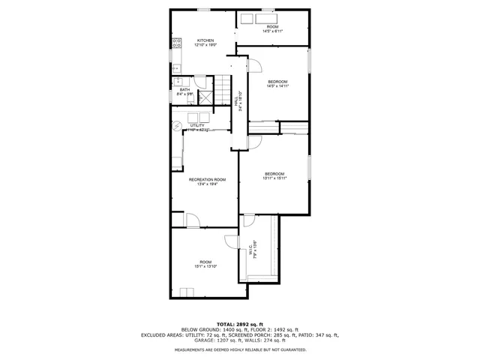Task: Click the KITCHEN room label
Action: (205, 40)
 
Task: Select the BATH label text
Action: (184, 90)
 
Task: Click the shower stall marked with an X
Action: (205, 96)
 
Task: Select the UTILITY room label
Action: (197, 125)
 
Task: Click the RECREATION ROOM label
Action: (207, 179)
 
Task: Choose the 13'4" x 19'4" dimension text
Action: (207, 184)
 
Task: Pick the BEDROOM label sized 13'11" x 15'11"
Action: (274, 174)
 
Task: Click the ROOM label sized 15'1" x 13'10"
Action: (205, 262)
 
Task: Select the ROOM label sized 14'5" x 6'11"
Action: (272, 27)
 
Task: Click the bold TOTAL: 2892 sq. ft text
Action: (240, 323)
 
